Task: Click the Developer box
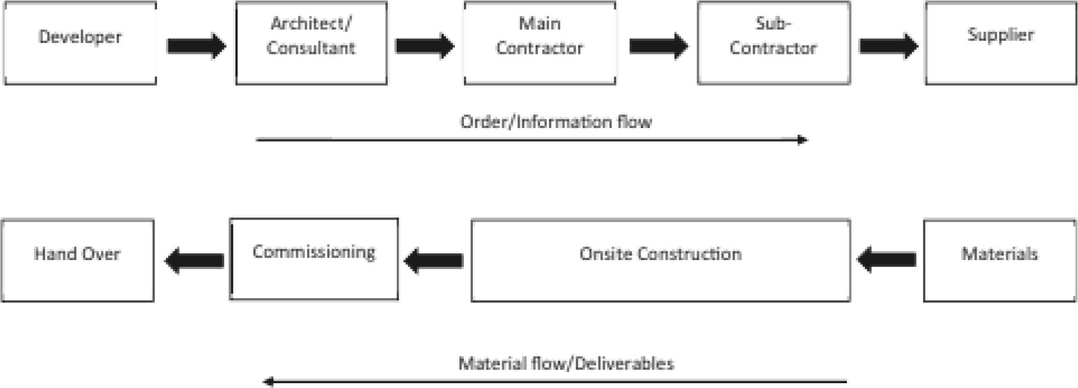pos(80,43)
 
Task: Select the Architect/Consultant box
pos(311,43)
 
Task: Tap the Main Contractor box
pos(540,43)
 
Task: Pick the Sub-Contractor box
pos(773,43)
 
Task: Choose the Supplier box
pos(1000,43)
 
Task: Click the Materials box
pos(999,261)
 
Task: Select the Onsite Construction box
pos(660,261)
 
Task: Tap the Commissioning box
pos(314,259)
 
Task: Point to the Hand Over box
pos(78,261)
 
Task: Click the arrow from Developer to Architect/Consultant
pos(196,46)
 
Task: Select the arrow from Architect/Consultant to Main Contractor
pos(425,46)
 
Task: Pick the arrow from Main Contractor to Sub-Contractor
pos(659,46)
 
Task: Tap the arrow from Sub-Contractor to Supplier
pos(889,46)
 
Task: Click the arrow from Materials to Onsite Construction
pos(887,260)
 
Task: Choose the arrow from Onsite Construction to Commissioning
pos(434,261)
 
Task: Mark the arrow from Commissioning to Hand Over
pos(194,261)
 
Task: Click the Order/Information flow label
pos(556,122)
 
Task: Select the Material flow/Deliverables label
pos(566,364)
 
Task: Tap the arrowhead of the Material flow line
pos(269,381)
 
